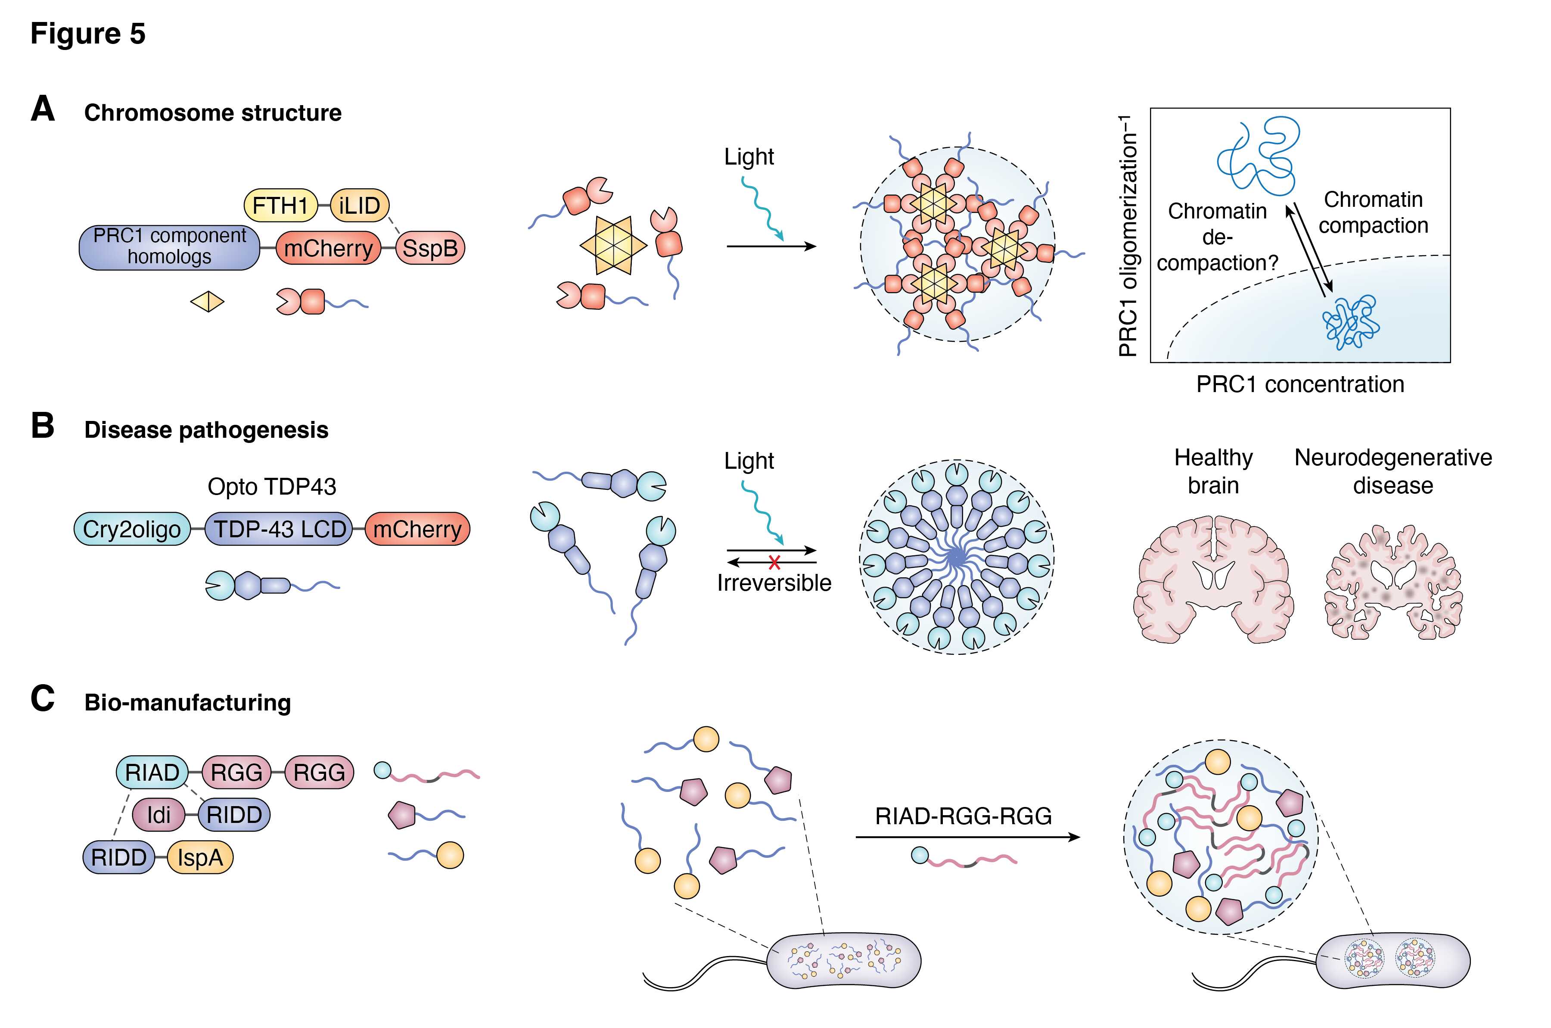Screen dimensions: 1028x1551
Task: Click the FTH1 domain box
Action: pos(280,205)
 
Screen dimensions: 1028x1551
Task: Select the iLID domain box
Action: pos(360,205)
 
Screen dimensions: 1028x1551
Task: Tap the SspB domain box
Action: pos(430,248)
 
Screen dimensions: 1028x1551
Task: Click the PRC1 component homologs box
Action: pos(169,246)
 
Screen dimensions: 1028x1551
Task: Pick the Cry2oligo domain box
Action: pos(132,529)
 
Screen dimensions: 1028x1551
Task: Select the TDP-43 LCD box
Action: pos(280,529)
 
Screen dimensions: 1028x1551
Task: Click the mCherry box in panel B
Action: pos(417,529)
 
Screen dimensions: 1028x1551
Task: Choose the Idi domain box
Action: pos(159,815)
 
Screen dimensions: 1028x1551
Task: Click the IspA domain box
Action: pos(200,857)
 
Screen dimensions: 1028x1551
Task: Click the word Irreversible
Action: pos(774,583)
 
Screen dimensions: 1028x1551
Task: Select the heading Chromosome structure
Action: pos(213,113)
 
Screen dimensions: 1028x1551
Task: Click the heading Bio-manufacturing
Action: pos(187,703)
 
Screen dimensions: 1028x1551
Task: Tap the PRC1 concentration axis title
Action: pos(1300,384)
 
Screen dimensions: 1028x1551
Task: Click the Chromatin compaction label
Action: pos(1373,212)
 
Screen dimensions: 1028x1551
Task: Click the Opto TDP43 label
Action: pos(271,486)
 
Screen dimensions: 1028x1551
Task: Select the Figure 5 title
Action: pos(88,34)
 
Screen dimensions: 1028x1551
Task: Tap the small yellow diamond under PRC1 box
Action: pos(207,302)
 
